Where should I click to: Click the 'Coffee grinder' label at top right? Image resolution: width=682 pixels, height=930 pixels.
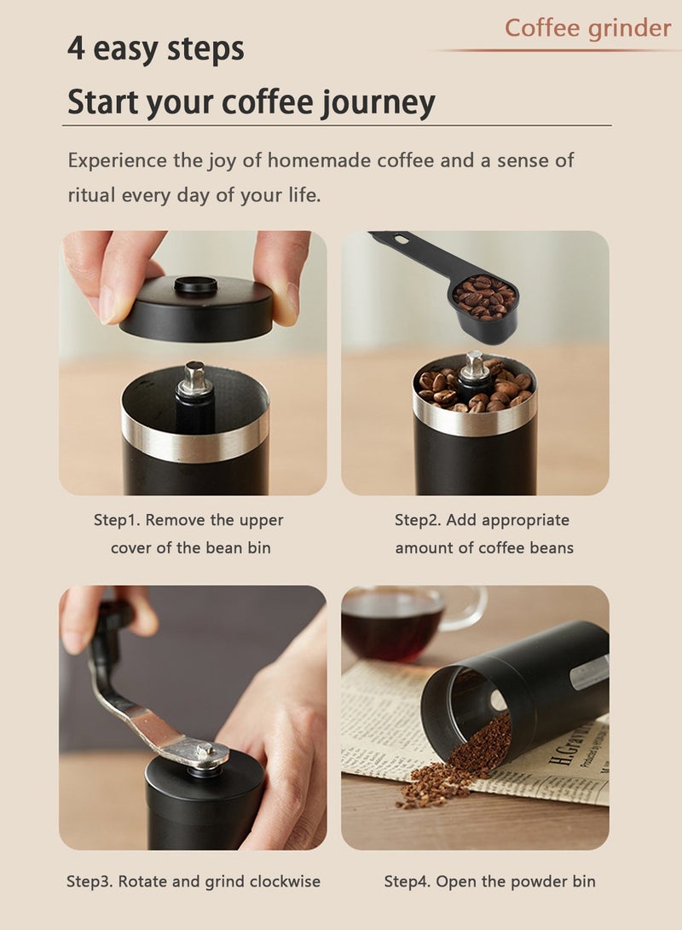coord(587,28)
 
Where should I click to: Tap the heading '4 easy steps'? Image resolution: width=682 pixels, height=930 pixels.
coord(155,49)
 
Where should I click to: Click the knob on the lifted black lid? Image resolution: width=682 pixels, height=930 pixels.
coord(195,285)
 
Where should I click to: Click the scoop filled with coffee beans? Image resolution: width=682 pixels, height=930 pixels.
coord(484,300)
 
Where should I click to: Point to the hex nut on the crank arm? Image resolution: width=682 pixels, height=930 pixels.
coord(205,750)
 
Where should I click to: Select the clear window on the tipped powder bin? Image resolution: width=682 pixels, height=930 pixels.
coord(589,672)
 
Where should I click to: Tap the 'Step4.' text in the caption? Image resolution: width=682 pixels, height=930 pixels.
coord(407,881)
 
